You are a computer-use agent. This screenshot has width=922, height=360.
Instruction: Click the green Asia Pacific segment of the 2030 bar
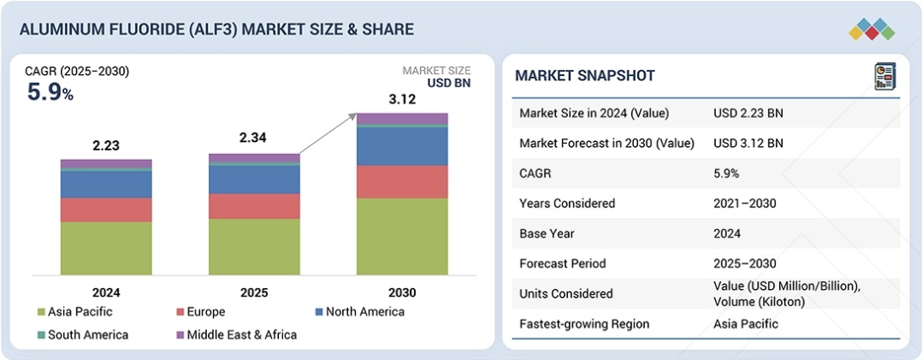click(x=402, y=236)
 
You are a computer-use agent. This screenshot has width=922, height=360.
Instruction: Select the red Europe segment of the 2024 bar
click(x=106, y=210)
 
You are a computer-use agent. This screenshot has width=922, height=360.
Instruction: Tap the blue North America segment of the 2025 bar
click(x=254, y=179)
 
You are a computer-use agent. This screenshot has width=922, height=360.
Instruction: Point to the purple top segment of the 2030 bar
click(x=402, y=118)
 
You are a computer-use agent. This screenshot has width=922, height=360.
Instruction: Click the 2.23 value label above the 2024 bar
click(x=106, y=145)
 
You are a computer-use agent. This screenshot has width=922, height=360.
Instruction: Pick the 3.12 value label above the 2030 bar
click(x=403, y=100)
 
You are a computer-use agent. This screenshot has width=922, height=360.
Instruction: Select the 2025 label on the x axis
click(x=254, y=292)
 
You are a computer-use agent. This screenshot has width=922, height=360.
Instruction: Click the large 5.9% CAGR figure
click(x=50, y=93)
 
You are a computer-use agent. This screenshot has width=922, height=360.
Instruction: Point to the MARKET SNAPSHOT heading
click(x=585, y=76)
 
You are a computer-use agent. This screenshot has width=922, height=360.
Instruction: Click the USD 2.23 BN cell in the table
click(x=748, y=113)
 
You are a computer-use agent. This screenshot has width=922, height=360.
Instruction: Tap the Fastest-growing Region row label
click(x=584, y=324)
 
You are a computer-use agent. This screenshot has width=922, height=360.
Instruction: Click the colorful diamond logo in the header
click(x=872, y=29)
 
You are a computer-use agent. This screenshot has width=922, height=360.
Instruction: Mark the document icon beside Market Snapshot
click(x=884, y=76)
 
